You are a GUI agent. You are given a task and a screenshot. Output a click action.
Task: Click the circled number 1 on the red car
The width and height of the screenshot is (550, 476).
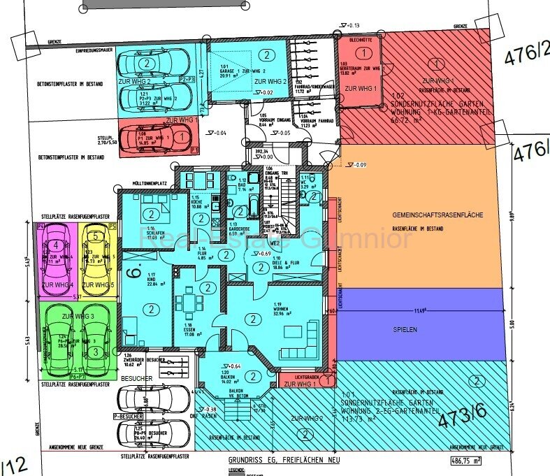[x=182, y=138]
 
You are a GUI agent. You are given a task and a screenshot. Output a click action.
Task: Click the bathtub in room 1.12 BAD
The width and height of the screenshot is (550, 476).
[x=251, y=207]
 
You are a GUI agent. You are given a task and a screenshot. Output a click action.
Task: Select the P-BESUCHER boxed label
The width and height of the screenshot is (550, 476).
[x=127, y=417]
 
